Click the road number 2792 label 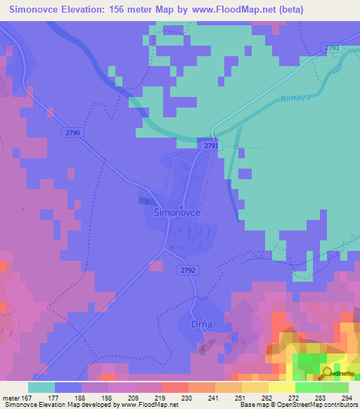(x=188, y=268)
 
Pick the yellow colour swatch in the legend (x=282, y=387)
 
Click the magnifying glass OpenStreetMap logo (x=328, y=374)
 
